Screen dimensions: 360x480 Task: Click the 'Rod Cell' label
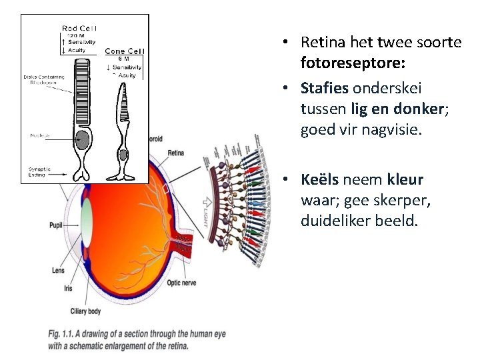79,27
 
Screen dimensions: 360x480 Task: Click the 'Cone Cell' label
123,51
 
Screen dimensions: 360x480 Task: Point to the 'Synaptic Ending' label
39,171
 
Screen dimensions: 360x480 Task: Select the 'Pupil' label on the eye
56,225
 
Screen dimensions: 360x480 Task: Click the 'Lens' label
58,270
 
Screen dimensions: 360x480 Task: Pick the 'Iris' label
68,288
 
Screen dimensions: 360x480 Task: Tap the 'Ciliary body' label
85,311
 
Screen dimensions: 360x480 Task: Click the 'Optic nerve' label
181,283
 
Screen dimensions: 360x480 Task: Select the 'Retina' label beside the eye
175,154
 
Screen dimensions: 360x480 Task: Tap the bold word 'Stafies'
325,88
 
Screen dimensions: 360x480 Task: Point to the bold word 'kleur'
405,180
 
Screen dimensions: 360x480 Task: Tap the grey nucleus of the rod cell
82,141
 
